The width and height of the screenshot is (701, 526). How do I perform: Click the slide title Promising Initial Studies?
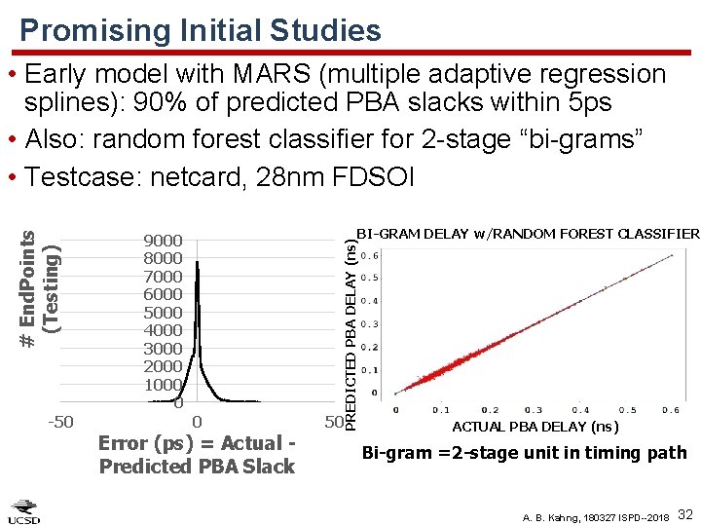[x=201, y=30]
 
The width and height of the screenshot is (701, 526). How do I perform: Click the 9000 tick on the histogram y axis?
[x=163, y=241]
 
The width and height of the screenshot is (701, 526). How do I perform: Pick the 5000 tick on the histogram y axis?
[x=163, y=313]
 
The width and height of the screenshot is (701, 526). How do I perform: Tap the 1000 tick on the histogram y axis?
[x=163, y=385]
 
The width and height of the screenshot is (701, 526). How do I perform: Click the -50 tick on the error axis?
[x=61, y=422]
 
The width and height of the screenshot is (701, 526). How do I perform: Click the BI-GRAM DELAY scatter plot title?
[x=527, y=234]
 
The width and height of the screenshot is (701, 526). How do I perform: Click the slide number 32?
[x=683, y=512]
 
